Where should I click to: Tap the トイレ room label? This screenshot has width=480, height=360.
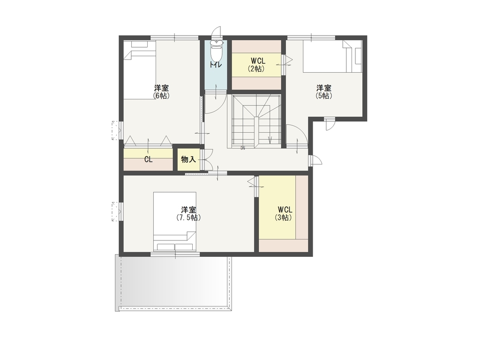pyautogui.click(x=216, y=65)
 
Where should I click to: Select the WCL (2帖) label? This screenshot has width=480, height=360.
pyautogui.click(x=256, y=65)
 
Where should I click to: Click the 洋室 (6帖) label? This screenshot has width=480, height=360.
pyautogui.click(x=161, y=92)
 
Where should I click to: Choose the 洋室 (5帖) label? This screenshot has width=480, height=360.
pyautogui.click(x=324, y=92)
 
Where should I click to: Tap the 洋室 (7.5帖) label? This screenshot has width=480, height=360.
pyautogui.click(x=188, y=214)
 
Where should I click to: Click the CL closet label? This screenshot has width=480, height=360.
pyautogui.click(x=149, y=160)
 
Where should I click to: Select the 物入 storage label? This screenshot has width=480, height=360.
pyautogui.click(x=188, y=159)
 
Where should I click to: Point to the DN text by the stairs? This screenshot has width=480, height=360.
pyautogui.click(x=243, y=149)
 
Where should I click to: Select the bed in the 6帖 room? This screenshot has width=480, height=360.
pyautogui.click(x=140, y=70)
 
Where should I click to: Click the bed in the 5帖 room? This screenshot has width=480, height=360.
pyautogui.click(x=332, y=56)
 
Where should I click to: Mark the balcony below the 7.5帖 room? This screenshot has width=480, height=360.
pyautogui.click(x=173, y=283)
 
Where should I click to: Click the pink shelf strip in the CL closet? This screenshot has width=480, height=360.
pyautogui.click(x=148, y=165)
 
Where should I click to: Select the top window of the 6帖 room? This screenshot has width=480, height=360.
pyautogui.click(x=175, y=37)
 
